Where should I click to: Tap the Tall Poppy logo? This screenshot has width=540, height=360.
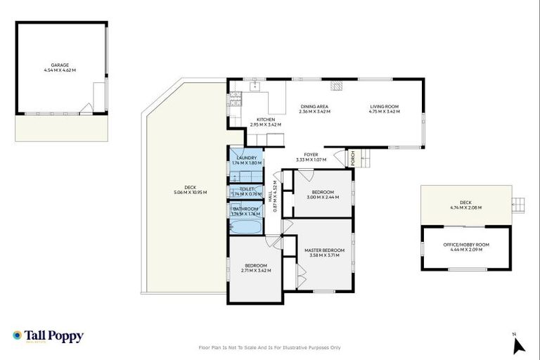pyautogui.click(x=48, y=336)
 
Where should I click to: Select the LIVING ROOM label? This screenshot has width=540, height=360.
pyautogui.click(x=385, y=109)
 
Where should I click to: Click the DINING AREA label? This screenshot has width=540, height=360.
pyautogui.click(x=314, y=109)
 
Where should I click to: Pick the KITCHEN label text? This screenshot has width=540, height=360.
pyautogui.click(x=265, y=122)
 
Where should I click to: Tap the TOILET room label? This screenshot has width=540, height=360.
pyautogui.click(x=246, y=191)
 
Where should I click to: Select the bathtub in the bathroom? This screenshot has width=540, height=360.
pyautogui.click(x=245, y=226)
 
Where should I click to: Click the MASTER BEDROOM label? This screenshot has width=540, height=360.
pyautogui.click(x=324, y=252)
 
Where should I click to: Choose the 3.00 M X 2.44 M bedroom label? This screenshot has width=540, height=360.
pyautogui.click(x=323, y=194)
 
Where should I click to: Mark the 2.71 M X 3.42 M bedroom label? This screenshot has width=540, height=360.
pyautogui.click(x=255, y=268)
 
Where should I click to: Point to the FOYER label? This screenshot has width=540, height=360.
pyautogui.click(x=311, y=156)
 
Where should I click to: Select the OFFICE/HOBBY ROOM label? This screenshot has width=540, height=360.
pyautogui.click(x=467, y=246)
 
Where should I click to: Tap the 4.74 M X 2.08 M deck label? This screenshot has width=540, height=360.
pyautogui.click(x=466, y=210)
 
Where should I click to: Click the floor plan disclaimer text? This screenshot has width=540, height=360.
pyautogui.click(x=270, y=347)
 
